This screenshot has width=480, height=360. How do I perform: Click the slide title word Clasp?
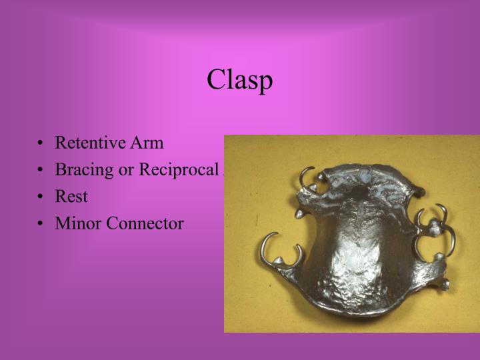click(x=239, y=80)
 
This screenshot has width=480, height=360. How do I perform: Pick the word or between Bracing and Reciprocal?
click(x=127, y=169)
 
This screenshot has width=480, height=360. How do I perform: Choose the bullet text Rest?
click(x=71, y=197)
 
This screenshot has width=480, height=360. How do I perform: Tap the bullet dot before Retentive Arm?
click(x=41, y=143)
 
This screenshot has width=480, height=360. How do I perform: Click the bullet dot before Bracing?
click(x=41, y=170)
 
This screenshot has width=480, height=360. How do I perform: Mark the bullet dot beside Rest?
click(x=41, y=197)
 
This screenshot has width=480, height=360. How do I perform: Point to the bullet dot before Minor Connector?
click(x=41, y=224)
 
